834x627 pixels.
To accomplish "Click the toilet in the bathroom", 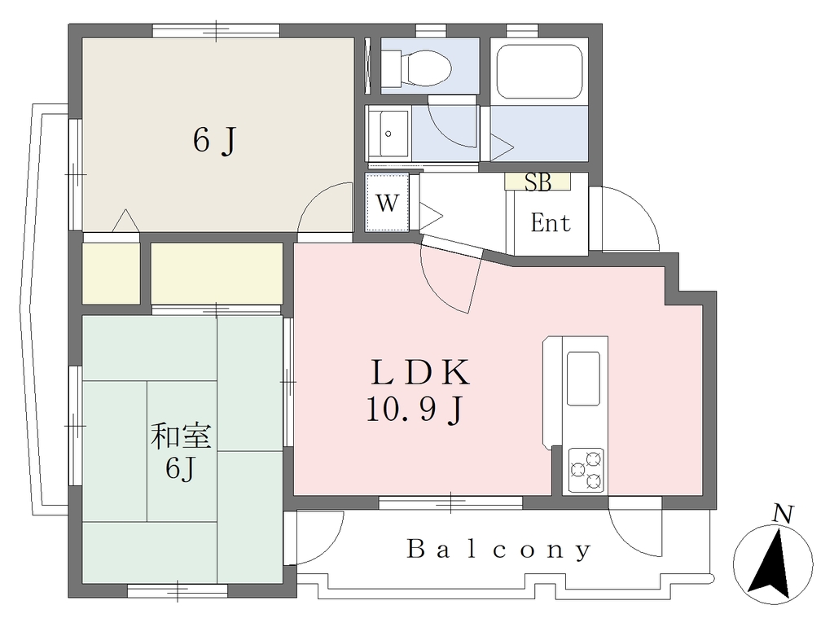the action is pos(416,68).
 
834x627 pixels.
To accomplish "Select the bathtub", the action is pos(539,72).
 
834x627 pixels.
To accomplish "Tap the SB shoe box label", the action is pos(538,182).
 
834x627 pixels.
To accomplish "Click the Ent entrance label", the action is pos(551,223).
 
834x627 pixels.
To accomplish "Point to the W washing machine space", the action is pos(387,202).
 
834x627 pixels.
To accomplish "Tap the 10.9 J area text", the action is pos(416,410).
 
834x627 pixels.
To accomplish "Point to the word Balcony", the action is pos(499,550).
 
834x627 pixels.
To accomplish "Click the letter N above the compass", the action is pos(783,514).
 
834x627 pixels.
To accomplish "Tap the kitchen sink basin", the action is pos(583,378).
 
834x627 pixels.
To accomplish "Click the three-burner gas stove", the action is pos(586,470).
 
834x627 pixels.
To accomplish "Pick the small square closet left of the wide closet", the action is pos(111,274).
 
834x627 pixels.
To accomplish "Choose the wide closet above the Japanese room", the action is pos(217,274).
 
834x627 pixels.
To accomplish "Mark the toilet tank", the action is pos(391,68).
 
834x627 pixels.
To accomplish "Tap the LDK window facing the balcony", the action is pos(450,502).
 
